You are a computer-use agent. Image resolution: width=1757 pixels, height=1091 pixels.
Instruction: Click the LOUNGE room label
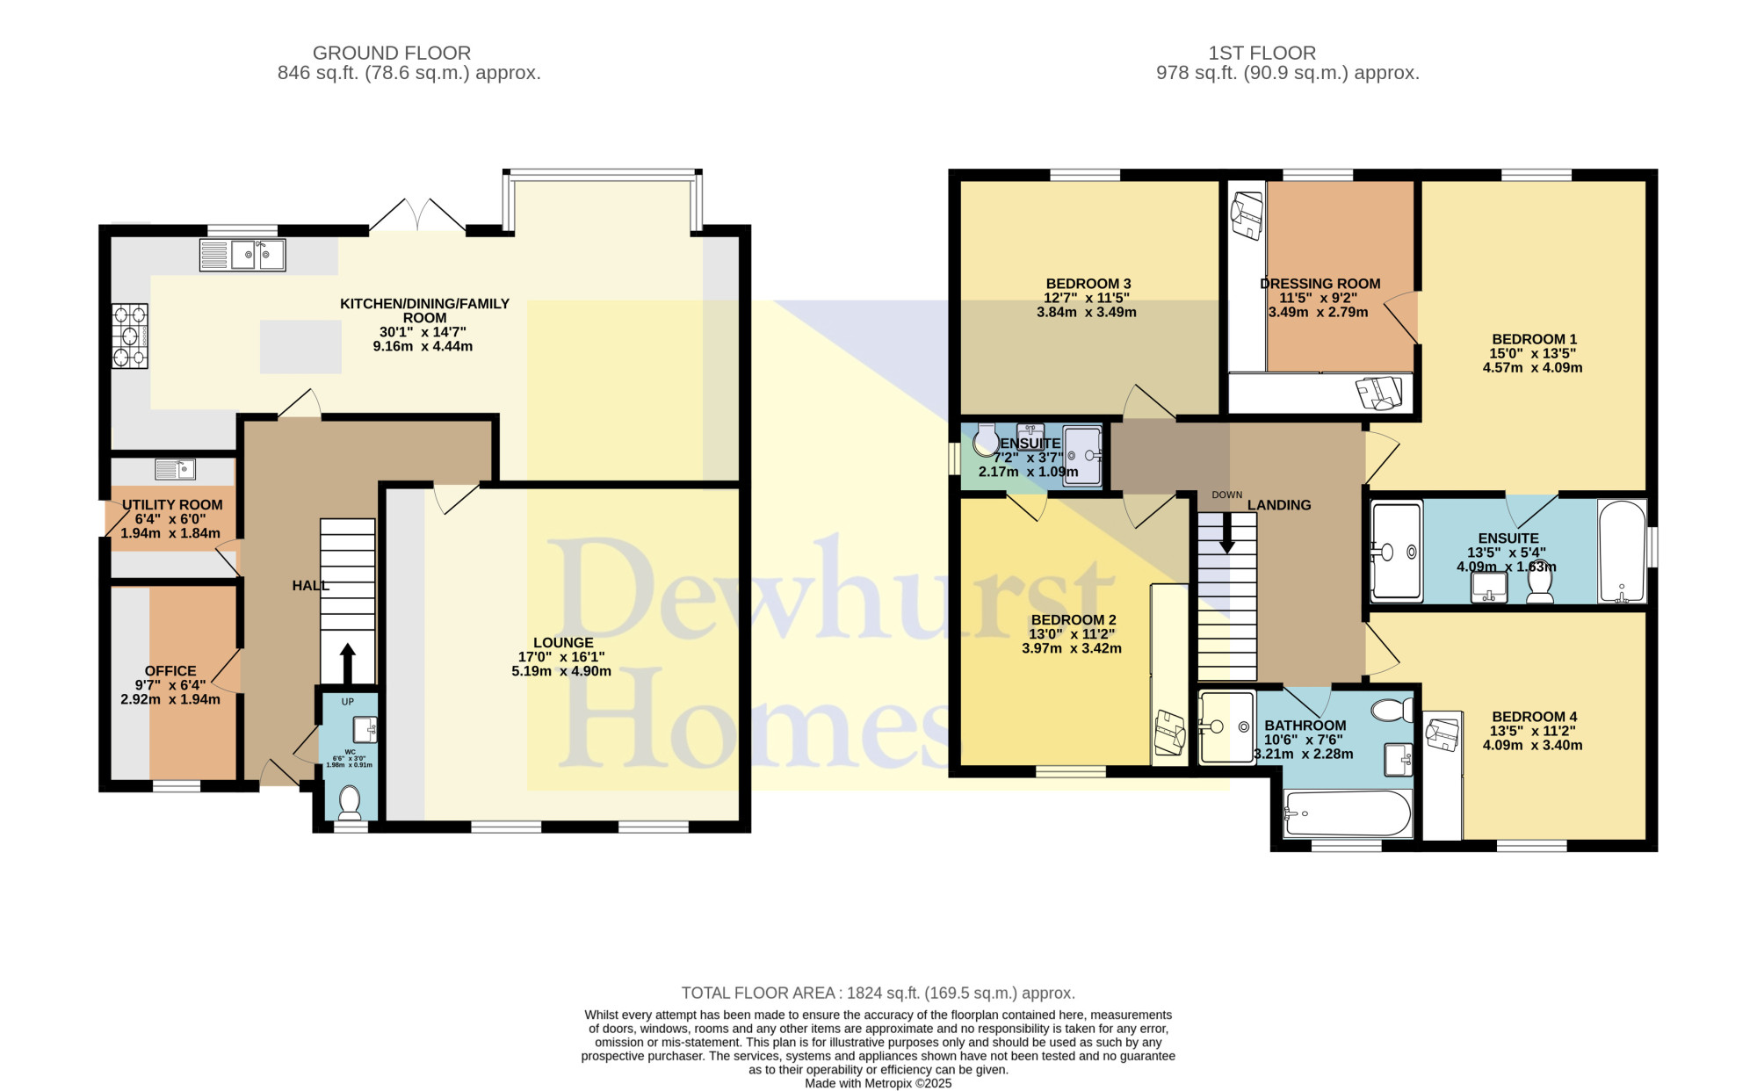tap(563, 643)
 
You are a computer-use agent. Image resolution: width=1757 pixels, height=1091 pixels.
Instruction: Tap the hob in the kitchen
tap(129, 336)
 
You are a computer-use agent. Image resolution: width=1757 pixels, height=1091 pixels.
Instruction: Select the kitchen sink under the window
tap(242, 255)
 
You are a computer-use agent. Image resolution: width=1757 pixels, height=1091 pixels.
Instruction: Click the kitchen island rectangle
tap(300, 347)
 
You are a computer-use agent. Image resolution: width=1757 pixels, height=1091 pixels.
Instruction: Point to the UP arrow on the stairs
tap(347, 663)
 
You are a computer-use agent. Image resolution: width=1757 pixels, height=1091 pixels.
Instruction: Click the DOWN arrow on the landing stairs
tap(1227, 532)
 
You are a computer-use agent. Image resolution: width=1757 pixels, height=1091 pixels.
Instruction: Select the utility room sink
tap(176, 469)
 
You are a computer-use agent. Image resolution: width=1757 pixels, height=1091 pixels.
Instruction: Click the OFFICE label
tap(170, 671)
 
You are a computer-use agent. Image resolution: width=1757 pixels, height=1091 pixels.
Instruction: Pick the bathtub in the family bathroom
tap(1348, 813)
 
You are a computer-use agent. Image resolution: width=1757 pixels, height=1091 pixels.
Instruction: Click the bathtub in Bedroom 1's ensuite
tap(1622, 552)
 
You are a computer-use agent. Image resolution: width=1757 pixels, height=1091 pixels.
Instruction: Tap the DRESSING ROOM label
tap(1320, 284)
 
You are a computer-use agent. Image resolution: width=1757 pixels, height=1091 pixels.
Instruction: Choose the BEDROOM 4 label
tap(1535, 717)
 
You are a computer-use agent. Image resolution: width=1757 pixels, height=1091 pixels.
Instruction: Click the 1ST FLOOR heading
tap(1262, 53)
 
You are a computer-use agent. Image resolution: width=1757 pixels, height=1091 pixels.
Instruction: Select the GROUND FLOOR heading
tap(392, 53)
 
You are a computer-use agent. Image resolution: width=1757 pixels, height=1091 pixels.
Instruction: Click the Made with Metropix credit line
tap(878, 1083)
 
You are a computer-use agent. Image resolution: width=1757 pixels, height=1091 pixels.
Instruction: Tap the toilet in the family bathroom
tap(1392, 710)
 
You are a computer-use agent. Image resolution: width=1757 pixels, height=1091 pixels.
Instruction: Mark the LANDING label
tap(1279, 505)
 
